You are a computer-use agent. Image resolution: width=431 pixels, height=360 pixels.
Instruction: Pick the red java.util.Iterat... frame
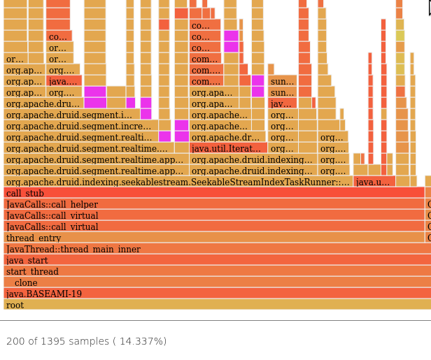227,148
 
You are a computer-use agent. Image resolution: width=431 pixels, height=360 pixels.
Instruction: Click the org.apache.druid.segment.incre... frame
80,126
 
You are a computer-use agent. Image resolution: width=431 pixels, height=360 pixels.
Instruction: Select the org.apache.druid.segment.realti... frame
80,137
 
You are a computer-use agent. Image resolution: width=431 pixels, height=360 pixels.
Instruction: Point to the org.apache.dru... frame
43,103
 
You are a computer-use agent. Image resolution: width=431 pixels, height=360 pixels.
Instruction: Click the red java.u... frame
374,182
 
